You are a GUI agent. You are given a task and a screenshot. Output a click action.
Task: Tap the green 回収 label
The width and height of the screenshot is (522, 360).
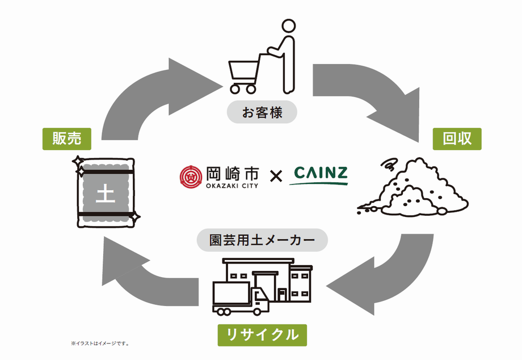coord(457,138)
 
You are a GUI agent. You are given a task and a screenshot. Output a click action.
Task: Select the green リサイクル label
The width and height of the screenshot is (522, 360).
coord(262,334)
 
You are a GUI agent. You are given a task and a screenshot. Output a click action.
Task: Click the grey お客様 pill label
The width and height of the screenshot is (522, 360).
coord(262,112)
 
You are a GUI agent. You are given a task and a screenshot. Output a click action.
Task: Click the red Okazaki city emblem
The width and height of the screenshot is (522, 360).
coord(190,177)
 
